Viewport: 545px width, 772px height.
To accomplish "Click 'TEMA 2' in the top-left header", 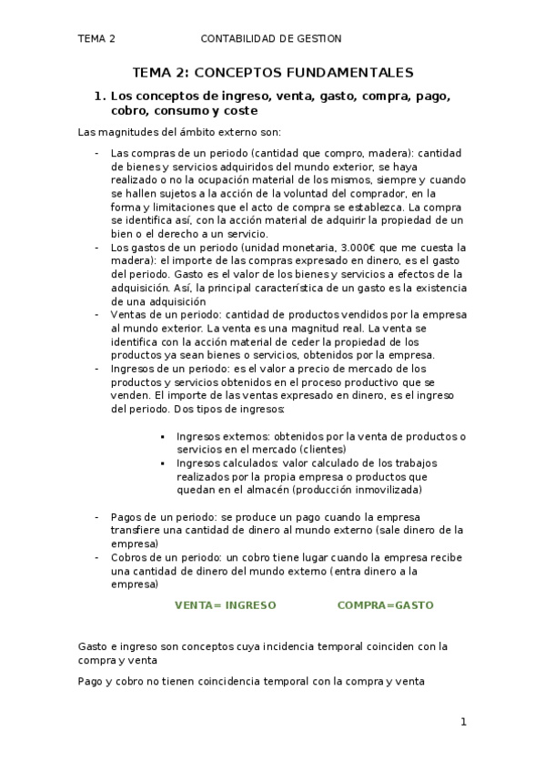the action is coord(96,38).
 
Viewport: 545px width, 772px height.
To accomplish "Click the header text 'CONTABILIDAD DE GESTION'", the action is coord(270,38).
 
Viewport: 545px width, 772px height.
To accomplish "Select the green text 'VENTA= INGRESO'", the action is coord(225,604).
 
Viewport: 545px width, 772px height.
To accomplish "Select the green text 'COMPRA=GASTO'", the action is coord(385,604).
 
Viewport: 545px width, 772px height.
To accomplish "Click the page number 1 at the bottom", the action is coord(463,722).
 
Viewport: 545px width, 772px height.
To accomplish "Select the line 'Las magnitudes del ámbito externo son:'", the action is coord(160,132).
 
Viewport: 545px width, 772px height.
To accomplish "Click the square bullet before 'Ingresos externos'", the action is coord(162,437).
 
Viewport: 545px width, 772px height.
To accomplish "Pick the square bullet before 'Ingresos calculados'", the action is coord(162,463).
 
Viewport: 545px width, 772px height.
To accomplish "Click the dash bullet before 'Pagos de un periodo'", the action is coord(97,516).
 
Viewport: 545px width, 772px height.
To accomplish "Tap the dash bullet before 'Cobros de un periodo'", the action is coord(97,556).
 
